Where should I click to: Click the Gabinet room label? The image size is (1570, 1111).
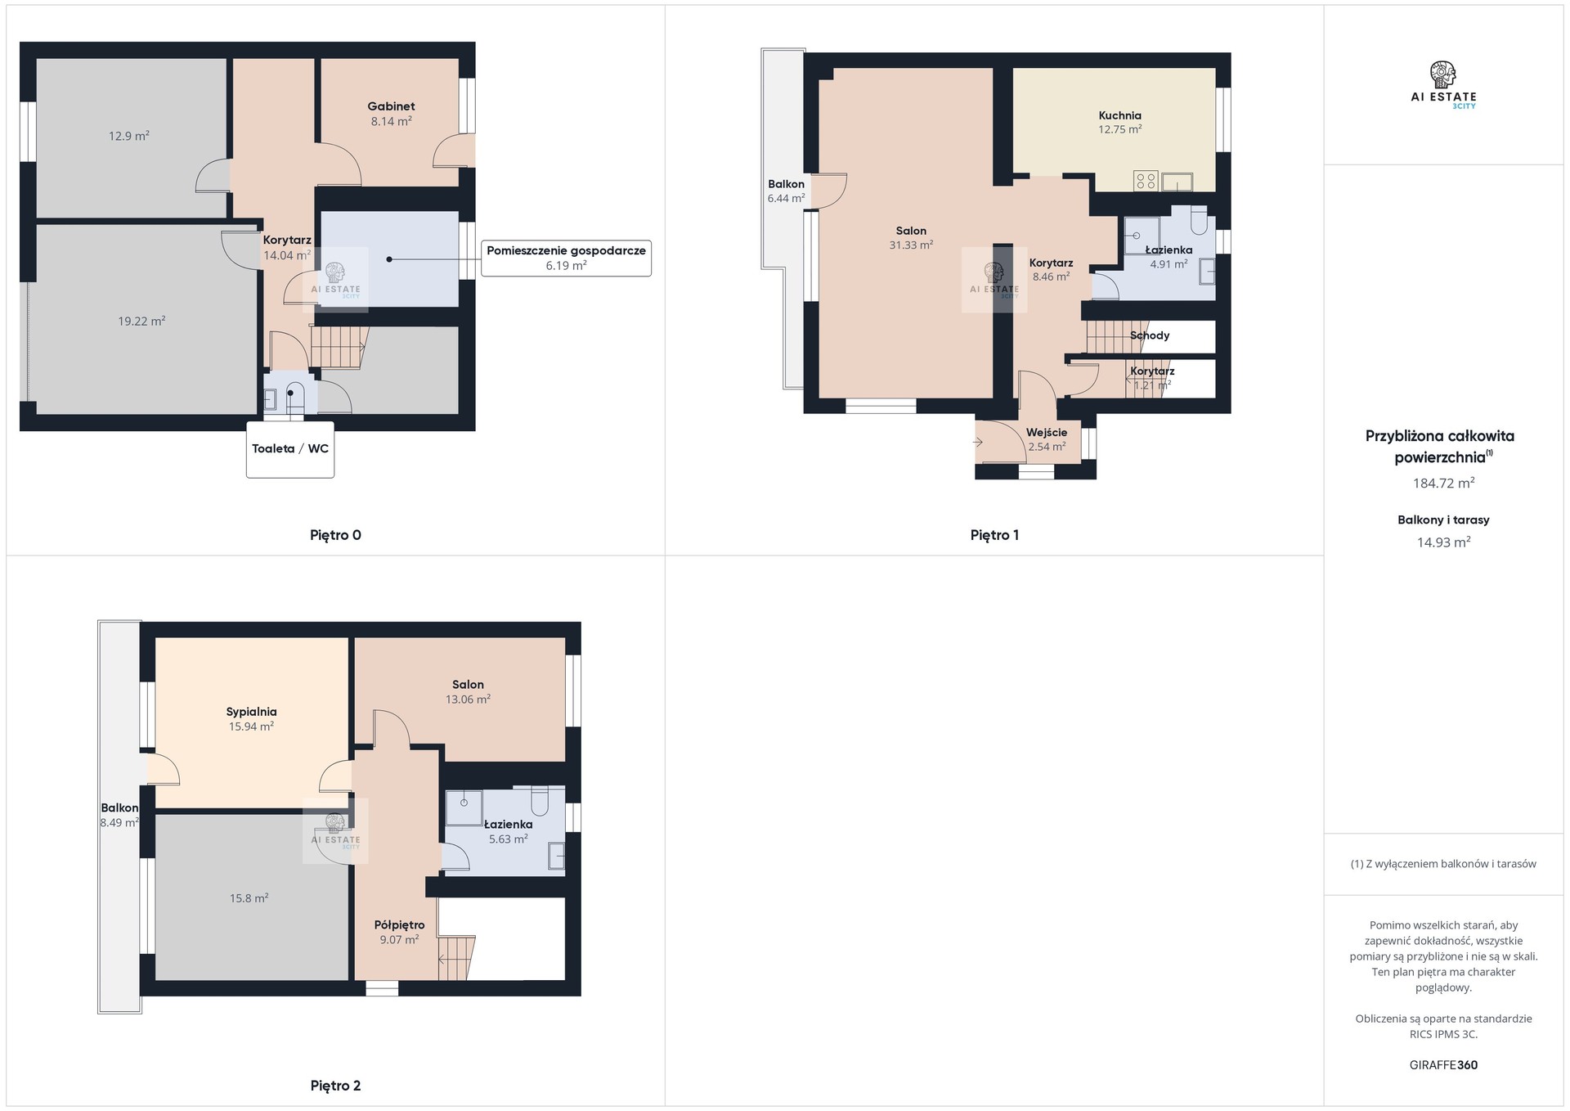(391, 106)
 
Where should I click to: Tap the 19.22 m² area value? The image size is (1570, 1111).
(141, 322)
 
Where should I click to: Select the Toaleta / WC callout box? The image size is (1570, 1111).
(290, 449)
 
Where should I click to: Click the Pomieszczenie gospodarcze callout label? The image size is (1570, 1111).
(566, 250)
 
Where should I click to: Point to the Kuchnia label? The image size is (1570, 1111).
(1119, 115)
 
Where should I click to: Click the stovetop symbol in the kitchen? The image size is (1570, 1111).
(1146, 181)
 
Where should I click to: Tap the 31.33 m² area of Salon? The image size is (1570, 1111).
(911, 245)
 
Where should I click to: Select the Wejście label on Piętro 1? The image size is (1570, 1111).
(1047, 433)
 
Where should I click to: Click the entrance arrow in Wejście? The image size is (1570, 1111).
(978, 443)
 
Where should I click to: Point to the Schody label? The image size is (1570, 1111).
(1150, 335)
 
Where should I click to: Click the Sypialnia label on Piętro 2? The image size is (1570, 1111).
(251, 712)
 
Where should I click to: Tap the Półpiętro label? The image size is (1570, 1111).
(399, 925)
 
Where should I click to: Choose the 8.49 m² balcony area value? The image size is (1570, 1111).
(119, 823)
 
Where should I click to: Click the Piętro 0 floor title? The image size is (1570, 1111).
(335, 535)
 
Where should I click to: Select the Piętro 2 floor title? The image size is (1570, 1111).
(335, 1086)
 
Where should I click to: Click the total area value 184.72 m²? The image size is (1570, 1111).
(1443, 484)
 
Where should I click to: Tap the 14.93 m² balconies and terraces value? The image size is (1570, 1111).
(1443, 542)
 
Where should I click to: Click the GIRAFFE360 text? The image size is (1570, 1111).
(1443, 1065)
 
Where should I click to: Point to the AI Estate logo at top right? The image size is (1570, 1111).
(1443, 85)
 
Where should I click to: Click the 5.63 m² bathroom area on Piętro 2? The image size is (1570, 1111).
(508, 839)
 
